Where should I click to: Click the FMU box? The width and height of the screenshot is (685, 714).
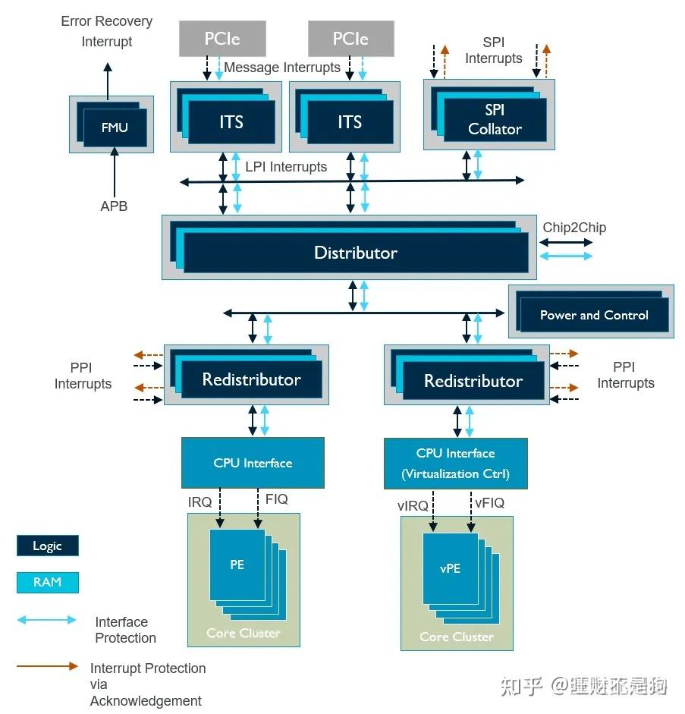(115, 127)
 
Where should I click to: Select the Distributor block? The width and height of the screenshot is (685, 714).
(355, 253)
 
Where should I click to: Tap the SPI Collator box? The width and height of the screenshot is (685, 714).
(494, 120)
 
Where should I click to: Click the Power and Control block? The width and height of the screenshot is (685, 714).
(593, 315)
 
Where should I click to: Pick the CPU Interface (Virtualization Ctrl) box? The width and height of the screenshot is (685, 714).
(455, 464)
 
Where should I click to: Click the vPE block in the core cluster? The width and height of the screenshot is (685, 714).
(451, 569)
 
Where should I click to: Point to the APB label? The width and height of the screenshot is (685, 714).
(115, 206)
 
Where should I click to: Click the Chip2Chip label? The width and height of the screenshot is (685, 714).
(574, 227)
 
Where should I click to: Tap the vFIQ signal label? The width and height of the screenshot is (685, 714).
(489, 502)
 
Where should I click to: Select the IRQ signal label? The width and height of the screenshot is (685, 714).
(201, 502)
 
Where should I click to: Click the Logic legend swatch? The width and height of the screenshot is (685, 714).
(47, 546)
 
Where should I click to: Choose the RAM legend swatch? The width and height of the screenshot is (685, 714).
(47, 582)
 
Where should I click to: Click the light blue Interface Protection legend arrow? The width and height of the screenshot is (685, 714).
(47, 620)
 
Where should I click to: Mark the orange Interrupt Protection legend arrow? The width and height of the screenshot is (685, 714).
(47, 666)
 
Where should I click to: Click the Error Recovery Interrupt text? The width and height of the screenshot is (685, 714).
(107, 31)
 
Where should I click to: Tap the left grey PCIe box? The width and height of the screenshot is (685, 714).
(222, 38)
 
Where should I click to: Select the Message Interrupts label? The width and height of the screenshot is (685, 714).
(282, 68)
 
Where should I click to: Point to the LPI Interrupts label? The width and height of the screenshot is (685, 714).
(286, 167)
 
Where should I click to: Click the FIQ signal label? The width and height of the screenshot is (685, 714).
(277, 499)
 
